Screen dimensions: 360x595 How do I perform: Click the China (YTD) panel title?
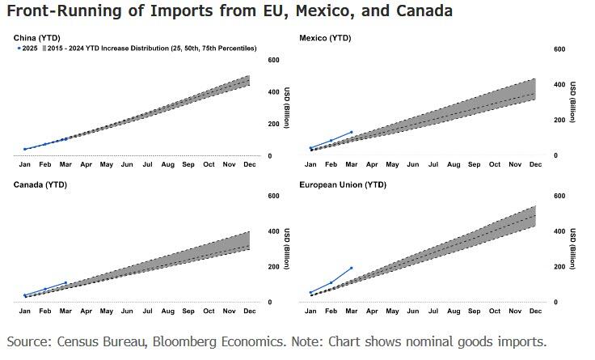[x=37, y=38]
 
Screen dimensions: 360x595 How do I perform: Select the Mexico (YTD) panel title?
[x=322, y=38]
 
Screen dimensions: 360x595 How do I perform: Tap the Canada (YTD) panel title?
[x=40, y=184]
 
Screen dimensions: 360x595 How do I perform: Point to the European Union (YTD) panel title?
[x=343, y=184]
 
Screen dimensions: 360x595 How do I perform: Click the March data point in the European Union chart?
[x=352, y=268]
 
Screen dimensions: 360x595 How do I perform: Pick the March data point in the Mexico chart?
[x=352, y=132]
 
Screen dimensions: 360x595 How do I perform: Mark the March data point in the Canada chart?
[x=65, y=283]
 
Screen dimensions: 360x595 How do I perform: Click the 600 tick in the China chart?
[x=274, y=61]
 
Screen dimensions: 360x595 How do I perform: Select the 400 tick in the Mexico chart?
[x=559, y=84]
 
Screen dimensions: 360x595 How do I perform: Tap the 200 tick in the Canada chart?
[x=274, y=266]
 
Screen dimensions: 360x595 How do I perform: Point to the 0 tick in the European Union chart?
[x=555, y=302]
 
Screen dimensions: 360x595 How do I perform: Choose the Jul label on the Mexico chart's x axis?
[x=433, y=165]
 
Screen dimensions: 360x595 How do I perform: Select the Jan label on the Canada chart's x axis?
[x=24, y=311]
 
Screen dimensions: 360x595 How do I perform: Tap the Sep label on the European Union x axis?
[x=474, y=311]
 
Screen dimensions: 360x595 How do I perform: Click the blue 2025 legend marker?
[x=19, y=49]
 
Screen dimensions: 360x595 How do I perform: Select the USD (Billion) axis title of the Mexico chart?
[x=572, y=102]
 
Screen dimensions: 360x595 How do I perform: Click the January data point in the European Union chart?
[x=311, y=293]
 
